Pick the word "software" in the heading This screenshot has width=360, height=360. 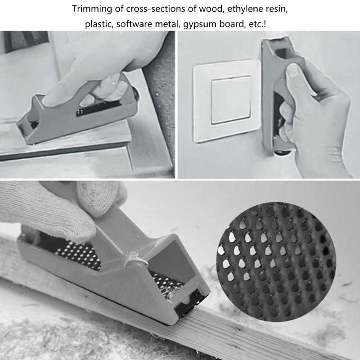(x=134, y=24)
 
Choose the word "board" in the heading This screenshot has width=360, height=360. (x=232, y=24)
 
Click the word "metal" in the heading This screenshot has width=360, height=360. (x=167, y=24)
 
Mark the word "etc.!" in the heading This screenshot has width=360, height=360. (x=260, y=24)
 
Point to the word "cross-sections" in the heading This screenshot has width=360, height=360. (x=148, y=9)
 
